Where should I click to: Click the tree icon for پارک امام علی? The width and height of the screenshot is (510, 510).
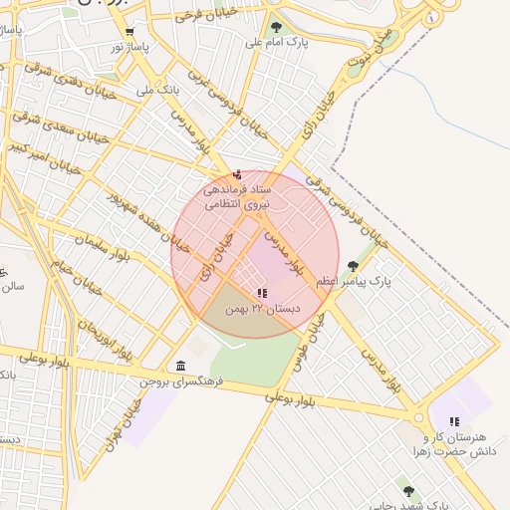click(276, 27)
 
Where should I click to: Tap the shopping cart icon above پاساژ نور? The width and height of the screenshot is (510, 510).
click(129, 31)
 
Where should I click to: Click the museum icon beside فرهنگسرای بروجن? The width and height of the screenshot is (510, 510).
click(179, 366)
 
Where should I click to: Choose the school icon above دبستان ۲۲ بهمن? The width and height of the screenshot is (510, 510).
click(262, 293)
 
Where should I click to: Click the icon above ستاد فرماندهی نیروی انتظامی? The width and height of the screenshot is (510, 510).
click(236, 175)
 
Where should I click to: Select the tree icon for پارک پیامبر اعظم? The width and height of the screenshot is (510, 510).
click(353, 266)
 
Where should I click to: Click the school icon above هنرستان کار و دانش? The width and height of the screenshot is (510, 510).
click(454, 421)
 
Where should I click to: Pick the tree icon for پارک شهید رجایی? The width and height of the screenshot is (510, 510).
click(408, 491)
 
